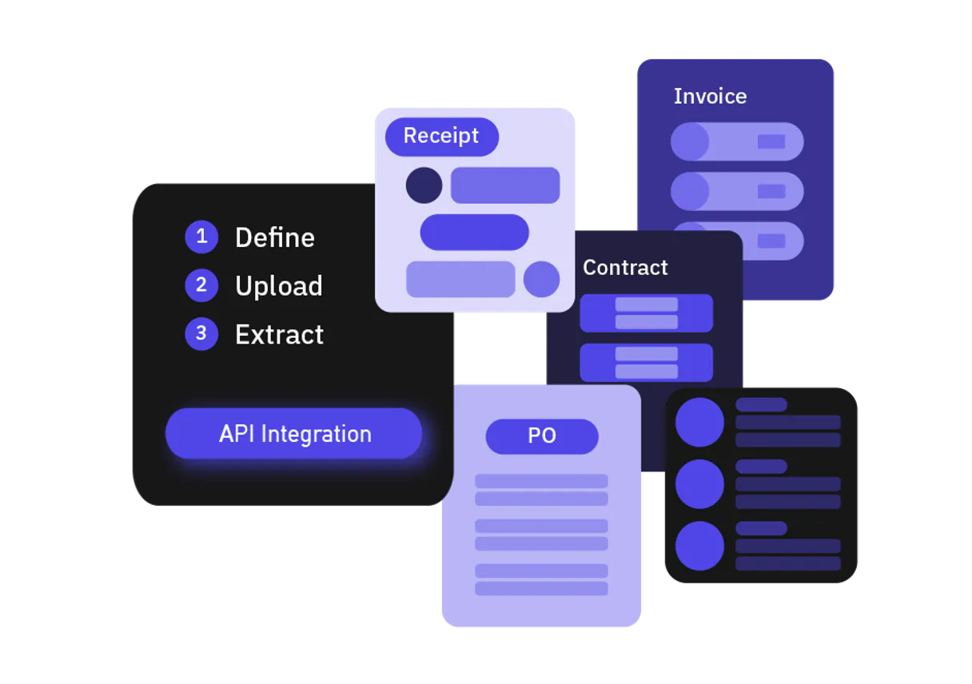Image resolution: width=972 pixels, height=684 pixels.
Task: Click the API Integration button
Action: [293, 434]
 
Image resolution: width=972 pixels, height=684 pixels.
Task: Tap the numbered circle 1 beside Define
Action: [201, 237]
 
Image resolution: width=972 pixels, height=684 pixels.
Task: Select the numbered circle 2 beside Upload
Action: [201, 285]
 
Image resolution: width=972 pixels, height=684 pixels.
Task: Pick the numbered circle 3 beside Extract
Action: [201, 334]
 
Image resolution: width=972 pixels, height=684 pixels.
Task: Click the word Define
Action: [274, 237]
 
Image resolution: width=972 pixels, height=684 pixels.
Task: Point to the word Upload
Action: [278, 286]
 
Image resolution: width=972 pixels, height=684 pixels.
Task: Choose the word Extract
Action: [279, 335]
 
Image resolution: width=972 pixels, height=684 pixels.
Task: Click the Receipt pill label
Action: [441, 136]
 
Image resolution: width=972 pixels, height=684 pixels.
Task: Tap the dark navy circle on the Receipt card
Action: [424, 185]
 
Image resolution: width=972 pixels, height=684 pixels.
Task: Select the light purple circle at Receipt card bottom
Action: [541, 279]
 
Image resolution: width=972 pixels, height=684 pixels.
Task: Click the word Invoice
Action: [710, 97]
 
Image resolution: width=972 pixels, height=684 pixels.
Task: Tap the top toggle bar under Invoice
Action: [736, 141]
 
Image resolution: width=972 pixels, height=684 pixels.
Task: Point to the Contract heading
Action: [625, 268]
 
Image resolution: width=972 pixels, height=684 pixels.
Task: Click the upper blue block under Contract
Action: [646, 312]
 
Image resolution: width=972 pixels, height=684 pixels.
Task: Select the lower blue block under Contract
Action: [646, 362]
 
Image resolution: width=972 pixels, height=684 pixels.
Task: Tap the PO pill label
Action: [542, 436]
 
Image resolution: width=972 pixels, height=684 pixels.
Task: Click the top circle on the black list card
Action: [699, 422]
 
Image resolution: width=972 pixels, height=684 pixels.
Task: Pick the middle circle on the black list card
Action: [699, 484]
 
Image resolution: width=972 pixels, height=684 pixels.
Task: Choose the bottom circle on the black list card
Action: [699, 546]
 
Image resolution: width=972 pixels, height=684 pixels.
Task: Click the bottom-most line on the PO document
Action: [541, 588]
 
